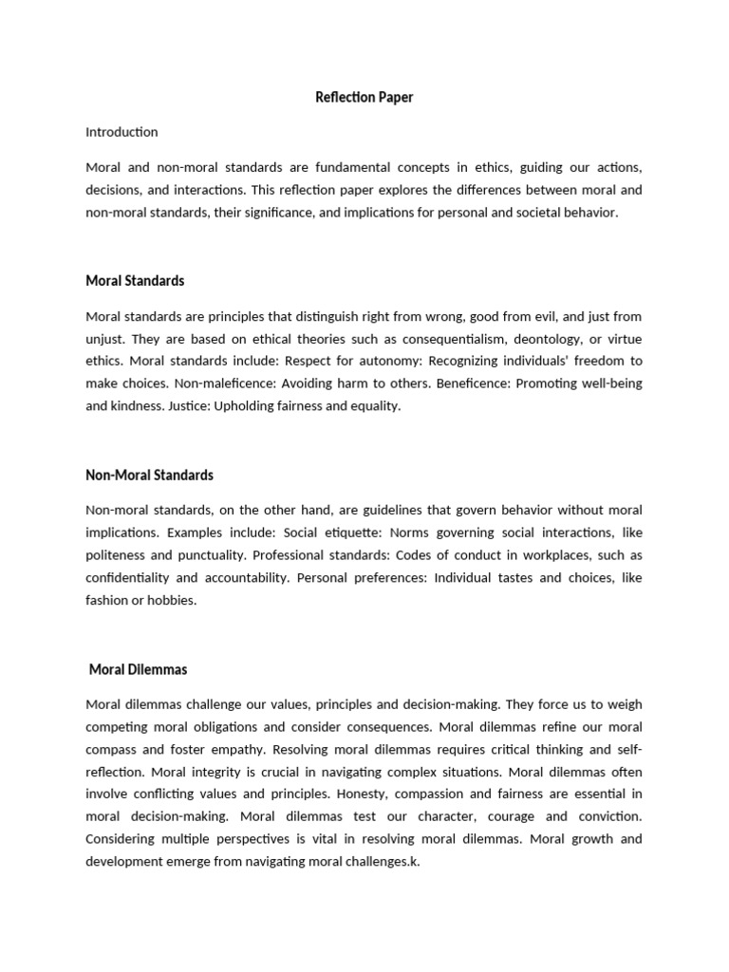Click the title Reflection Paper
pyautogui.click(x=364, y=97)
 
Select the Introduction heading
pyautogui.click(x=121, y=132)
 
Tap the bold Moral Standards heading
pyautogui.click(x=135, y=281)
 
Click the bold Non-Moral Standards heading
pyautogui.click(x=149, y=475)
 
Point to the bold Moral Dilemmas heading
pyautogui.click(x=138, y=669)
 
